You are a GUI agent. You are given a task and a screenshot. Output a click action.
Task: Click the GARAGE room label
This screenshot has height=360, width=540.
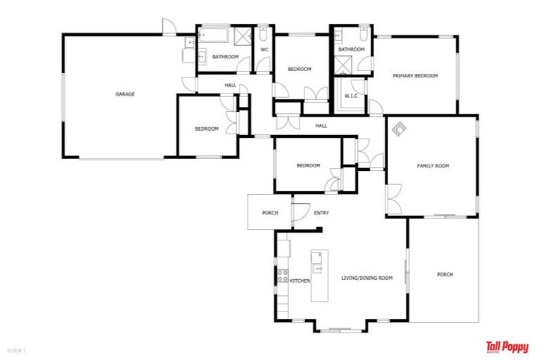click(125, 94)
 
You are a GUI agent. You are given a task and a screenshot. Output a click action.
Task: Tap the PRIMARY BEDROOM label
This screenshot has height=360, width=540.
click(416, 76)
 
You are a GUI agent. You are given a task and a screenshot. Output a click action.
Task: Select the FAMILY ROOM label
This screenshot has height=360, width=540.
click(432, 166)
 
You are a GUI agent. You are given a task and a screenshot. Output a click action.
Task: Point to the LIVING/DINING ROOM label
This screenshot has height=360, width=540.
click(366, 278)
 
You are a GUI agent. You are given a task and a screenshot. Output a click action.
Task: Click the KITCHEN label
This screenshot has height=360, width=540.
click(300, 281)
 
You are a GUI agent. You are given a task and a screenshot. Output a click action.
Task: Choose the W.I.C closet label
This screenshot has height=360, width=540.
click(351, 96)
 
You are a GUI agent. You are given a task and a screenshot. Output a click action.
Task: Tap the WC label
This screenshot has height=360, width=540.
click(264, 50)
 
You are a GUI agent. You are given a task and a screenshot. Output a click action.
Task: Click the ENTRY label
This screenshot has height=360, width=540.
click(321, 213)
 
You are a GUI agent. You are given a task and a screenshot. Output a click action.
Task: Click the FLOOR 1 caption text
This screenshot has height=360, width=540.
click(16, 349)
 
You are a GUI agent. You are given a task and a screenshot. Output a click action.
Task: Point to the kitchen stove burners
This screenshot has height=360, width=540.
click(282, 276)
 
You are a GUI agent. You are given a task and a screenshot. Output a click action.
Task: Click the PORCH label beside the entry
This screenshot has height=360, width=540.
click(270, 213)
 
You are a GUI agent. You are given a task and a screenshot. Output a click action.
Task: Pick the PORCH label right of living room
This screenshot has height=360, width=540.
click(444, 274)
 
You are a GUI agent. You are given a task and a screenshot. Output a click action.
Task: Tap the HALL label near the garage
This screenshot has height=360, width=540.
click(230, 85)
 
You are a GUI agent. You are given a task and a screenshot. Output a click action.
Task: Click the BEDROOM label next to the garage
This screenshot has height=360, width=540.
click(206, 129)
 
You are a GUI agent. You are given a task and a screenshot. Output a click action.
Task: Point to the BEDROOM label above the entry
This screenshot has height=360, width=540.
click(308, 166)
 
